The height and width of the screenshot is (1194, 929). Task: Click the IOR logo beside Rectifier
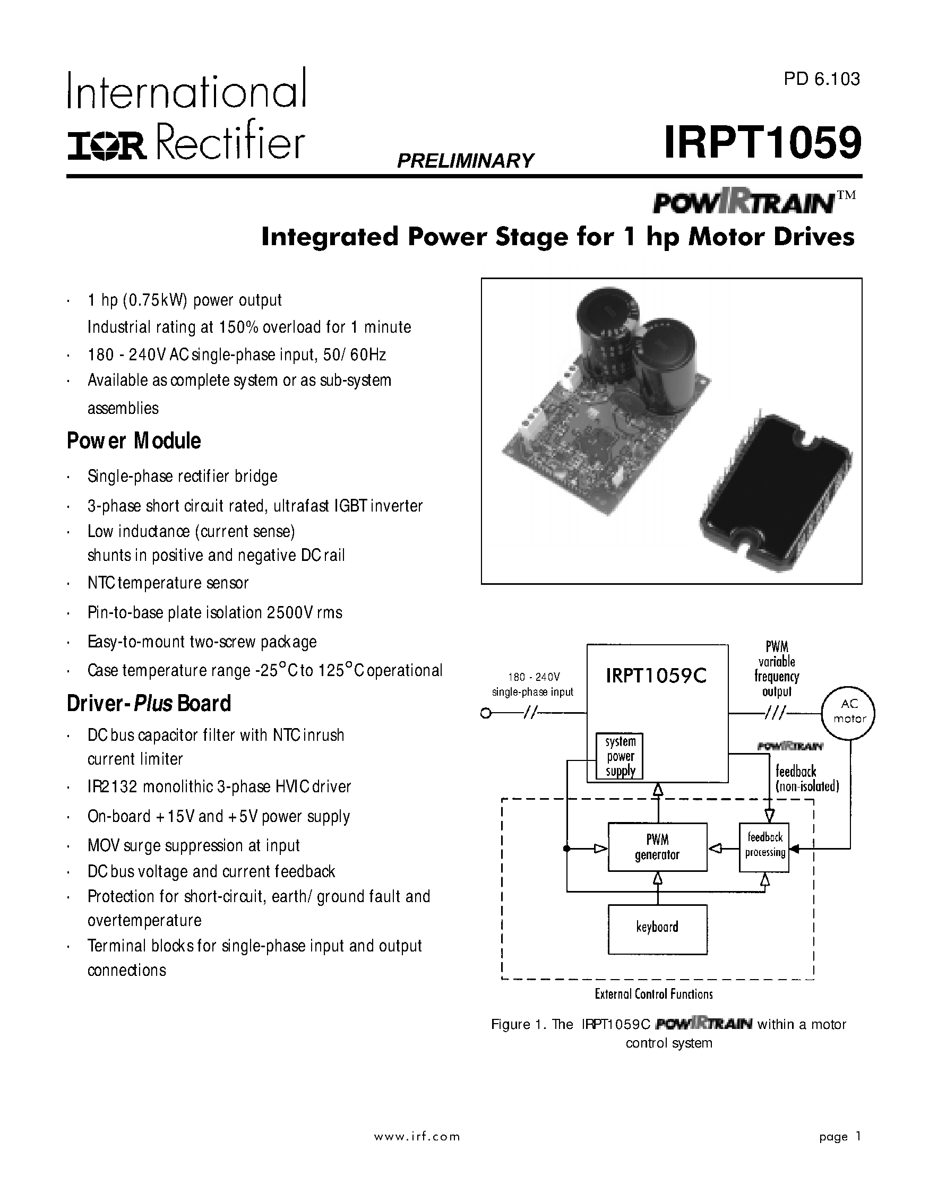coord(107,146)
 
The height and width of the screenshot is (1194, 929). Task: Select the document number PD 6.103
coord(821,79)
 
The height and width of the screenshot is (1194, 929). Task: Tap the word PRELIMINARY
coord(466,161)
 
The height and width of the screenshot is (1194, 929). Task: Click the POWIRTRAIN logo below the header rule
coord(743,203)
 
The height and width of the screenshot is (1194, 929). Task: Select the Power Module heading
coord(134,440)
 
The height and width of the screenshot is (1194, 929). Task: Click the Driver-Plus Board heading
coord(149,704)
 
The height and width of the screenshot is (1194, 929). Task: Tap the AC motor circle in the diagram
coord(849,712)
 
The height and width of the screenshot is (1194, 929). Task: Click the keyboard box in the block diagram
coord(657,929)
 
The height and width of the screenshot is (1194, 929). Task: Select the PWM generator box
coord(657,847)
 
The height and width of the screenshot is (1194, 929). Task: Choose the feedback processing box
coord(764,847)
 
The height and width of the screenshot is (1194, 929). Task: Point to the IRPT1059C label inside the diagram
coord(656,677)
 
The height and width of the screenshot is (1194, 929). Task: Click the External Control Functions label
coord(653,994)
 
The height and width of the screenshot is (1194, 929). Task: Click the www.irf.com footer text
coord(417,1137)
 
